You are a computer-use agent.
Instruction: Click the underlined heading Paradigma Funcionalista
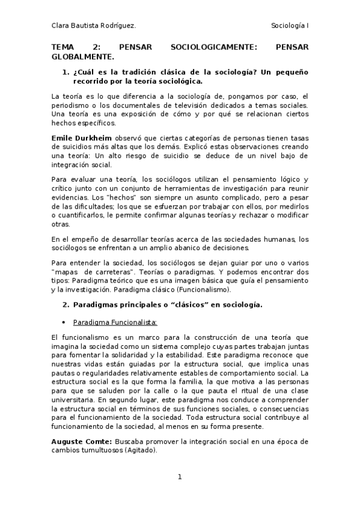coord(115,322)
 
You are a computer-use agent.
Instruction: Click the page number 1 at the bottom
coord(180,478)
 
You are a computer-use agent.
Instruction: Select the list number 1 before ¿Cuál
coord(66,72)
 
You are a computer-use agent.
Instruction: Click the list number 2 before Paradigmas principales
coord(66,305)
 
